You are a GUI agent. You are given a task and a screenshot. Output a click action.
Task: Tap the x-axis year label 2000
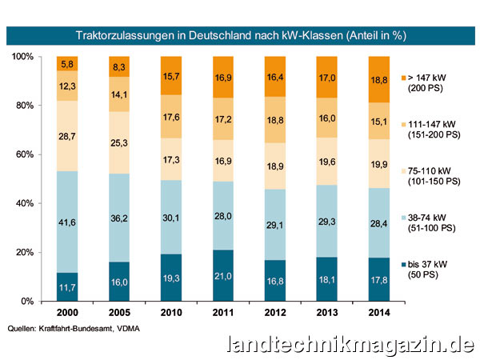point(67,313)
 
